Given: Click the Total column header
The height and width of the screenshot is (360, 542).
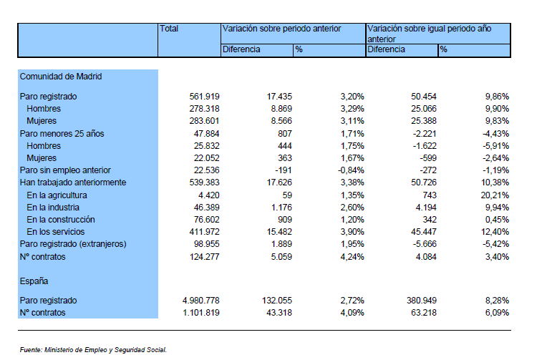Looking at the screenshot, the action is click(x=169, y=29).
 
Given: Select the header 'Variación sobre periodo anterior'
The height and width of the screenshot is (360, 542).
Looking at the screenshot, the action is click(x=281, y=29).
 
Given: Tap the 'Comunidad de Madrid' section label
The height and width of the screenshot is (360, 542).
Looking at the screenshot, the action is click(x=61, y=77).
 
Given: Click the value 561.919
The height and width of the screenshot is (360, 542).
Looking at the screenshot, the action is click(x=204, y=97).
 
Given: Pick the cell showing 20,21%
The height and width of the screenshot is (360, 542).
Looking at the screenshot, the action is click(x=495, y=195).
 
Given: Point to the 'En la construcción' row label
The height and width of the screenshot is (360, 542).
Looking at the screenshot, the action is click(x=60, y=220).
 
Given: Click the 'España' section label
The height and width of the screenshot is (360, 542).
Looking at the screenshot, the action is click(x=34, y=281).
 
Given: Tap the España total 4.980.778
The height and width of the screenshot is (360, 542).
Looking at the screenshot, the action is click(x=200, y=301).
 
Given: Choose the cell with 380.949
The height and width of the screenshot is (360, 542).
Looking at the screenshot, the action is click(x=422, y=301).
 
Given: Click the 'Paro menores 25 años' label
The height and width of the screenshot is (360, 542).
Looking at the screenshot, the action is click(x=62, y=134).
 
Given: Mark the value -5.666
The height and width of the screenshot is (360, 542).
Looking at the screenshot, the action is click(x=425, y=244).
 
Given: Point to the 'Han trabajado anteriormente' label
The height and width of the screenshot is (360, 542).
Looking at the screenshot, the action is click(x=73, y=183).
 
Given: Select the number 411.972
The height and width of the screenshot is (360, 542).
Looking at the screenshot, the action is click(x=204, y=232).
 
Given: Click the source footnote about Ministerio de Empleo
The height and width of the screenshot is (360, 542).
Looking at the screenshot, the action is click(x=93, y=350).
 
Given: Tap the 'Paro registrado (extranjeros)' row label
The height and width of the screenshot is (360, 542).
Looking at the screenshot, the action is click(x=73, y=244).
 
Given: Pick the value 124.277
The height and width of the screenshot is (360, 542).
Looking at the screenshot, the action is click(x=204, y=257).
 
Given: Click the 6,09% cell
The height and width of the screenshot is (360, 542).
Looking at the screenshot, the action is click(x=497, y=313).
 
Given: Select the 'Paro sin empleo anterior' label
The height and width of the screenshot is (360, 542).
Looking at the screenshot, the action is click(x=65, y=170).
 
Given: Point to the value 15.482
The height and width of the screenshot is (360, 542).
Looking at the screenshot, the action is click(x=279, y=232).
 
